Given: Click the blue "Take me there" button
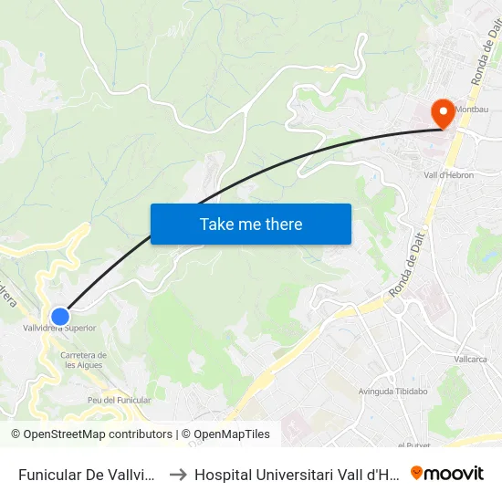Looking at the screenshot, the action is pyautogui.click(x=251, y=224).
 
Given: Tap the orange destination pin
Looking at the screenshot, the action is pyautogui.click(x=444, y=114).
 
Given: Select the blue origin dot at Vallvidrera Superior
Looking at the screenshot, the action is pyautogui.click(x=60, y=316).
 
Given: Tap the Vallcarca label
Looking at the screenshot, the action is pyautogui.click(x=471, y=359).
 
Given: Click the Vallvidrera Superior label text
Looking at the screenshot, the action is pyautogui.click(x=59, y=328).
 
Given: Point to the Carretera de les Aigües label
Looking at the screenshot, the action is pyautogui.click(x=83, y=360).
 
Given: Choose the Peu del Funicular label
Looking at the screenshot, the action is pyautogui.click(x=119, y=400).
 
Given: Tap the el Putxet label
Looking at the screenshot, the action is pyautogui.click(x=413, y=444).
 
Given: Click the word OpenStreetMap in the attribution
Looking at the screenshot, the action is pyautogui.click(x=66, y=434).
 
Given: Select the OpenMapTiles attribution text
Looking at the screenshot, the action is pyautogui.click(x=232, y=434).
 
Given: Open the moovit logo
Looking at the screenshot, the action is pyautogui.click(x=447, y=473).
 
